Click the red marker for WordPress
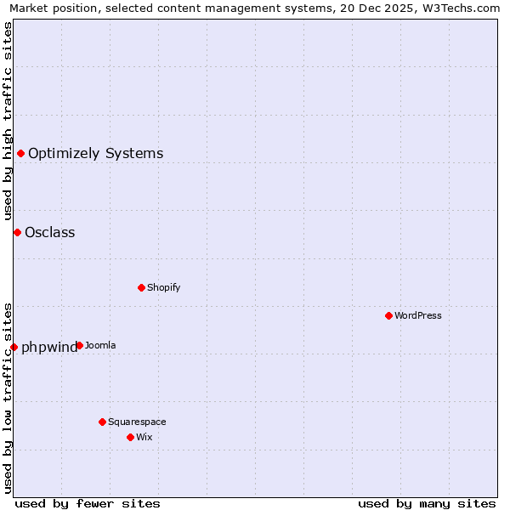tap(388, 315)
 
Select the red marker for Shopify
tap(141, 287)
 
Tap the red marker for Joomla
tap(79, 345)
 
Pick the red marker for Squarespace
tap(102, 422)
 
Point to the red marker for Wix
tap(130, 437)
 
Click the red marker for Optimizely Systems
tap(20, 153)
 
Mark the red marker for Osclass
tap(17, 232)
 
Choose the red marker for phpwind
tap(14, 347)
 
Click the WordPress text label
tap(418, 315)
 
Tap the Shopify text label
tap(164, 287)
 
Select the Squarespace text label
tap(137, 422)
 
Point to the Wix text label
tap(144, 437)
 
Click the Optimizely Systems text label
tap(96, 153)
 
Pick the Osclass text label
tap(50, 232)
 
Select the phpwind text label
tap(49, 347)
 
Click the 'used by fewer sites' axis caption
tap(88, 503)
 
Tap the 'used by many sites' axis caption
tap(427, 503)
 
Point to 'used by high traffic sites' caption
tap(8, 122)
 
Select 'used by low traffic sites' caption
tap(8, 397)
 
